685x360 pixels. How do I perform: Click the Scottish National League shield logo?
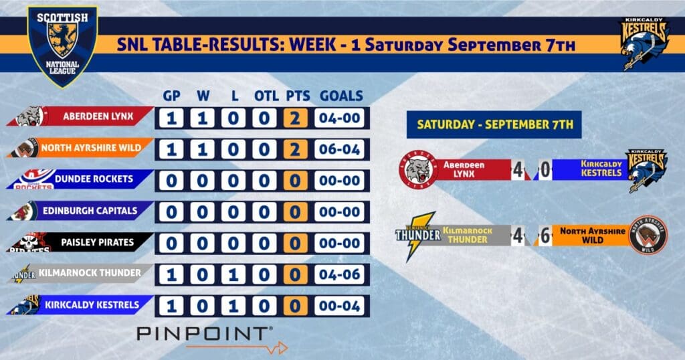[62, 46]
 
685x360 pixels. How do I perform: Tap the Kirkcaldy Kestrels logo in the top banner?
[644, 43]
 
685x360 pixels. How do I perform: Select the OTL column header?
[266, 96]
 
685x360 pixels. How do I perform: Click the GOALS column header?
[341, 96]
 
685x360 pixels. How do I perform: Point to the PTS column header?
[298, 96]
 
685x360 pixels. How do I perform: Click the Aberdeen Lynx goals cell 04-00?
[339, 118]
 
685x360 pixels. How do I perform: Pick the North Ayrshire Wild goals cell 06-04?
[339, 149]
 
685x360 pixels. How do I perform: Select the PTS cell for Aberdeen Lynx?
[295, 118]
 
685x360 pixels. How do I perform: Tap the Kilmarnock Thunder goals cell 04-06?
[339, 275]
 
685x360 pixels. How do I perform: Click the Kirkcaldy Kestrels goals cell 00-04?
[339, 306]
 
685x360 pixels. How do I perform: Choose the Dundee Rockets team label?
[80, 179]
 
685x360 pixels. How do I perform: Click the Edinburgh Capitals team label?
[80, 211]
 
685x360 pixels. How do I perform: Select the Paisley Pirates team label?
[80, 242]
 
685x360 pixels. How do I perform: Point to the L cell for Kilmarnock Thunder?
[233, 275]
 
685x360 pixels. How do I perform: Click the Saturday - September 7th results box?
[494, 124]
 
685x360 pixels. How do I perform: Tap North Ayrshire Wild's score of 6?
[545, 236]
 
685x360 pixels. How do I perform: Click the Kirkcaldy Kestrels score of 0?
[545, 169]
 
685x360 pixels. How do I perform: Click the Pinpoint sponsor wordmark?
[205, 333]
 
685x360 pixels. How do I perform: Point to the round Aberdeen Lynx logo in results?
[419, 169]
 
